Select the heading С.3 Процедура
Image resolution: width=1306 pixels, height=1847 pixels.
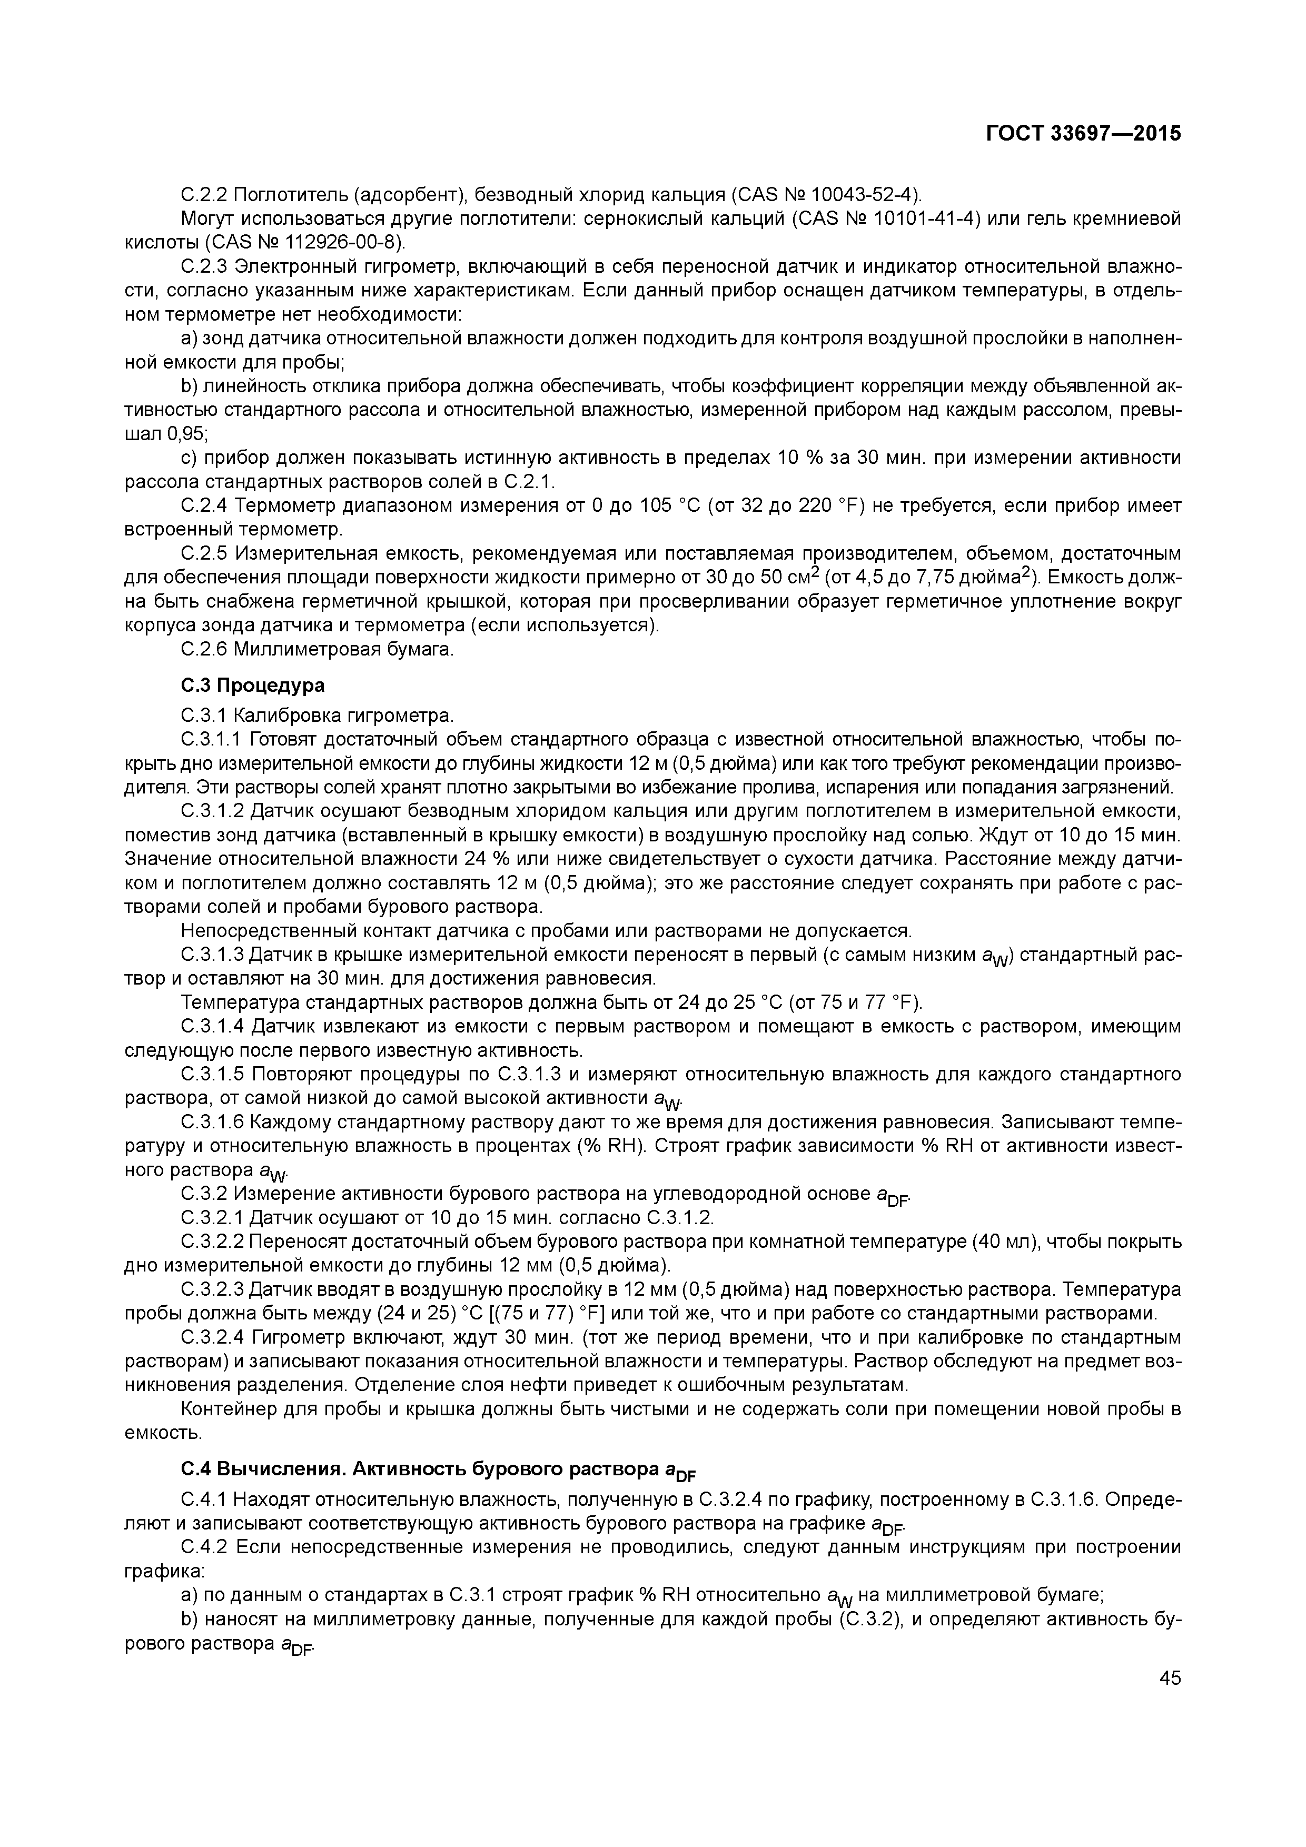click(x=253, y=686)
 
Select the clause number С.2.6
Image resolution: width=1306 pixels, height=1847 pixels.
click(x=204, y=649)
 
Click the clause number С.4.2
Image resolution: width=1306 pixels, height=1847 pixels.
click(x=204, y=1547)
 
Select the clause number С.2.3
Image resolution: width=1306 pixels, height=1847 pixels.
click(x=204, y=266)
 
